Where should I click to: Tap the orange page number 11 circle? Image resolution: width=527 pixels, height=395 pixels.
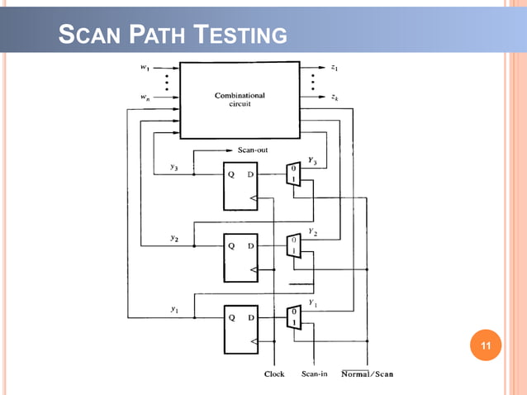485,345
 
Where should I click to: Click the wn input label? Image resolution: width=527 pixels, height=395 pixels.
145,98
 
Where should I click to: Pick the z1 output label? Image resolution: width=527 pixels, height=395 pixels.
334,69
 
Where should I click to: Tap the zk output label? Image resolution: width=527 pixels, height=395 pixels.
334,98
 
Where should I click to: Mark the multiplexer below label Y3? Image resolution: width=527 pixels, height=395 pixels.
292,174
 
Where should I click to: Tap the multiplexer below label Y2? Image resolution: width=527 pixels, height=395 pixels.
292,245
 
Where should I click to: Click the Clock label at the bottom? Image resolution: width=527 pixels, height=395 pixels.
274,374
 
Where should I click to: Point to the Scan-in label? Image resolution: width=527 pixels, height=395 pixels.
315,374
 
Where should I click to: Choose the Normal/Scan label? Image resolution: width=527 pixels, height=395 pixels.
368,374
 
